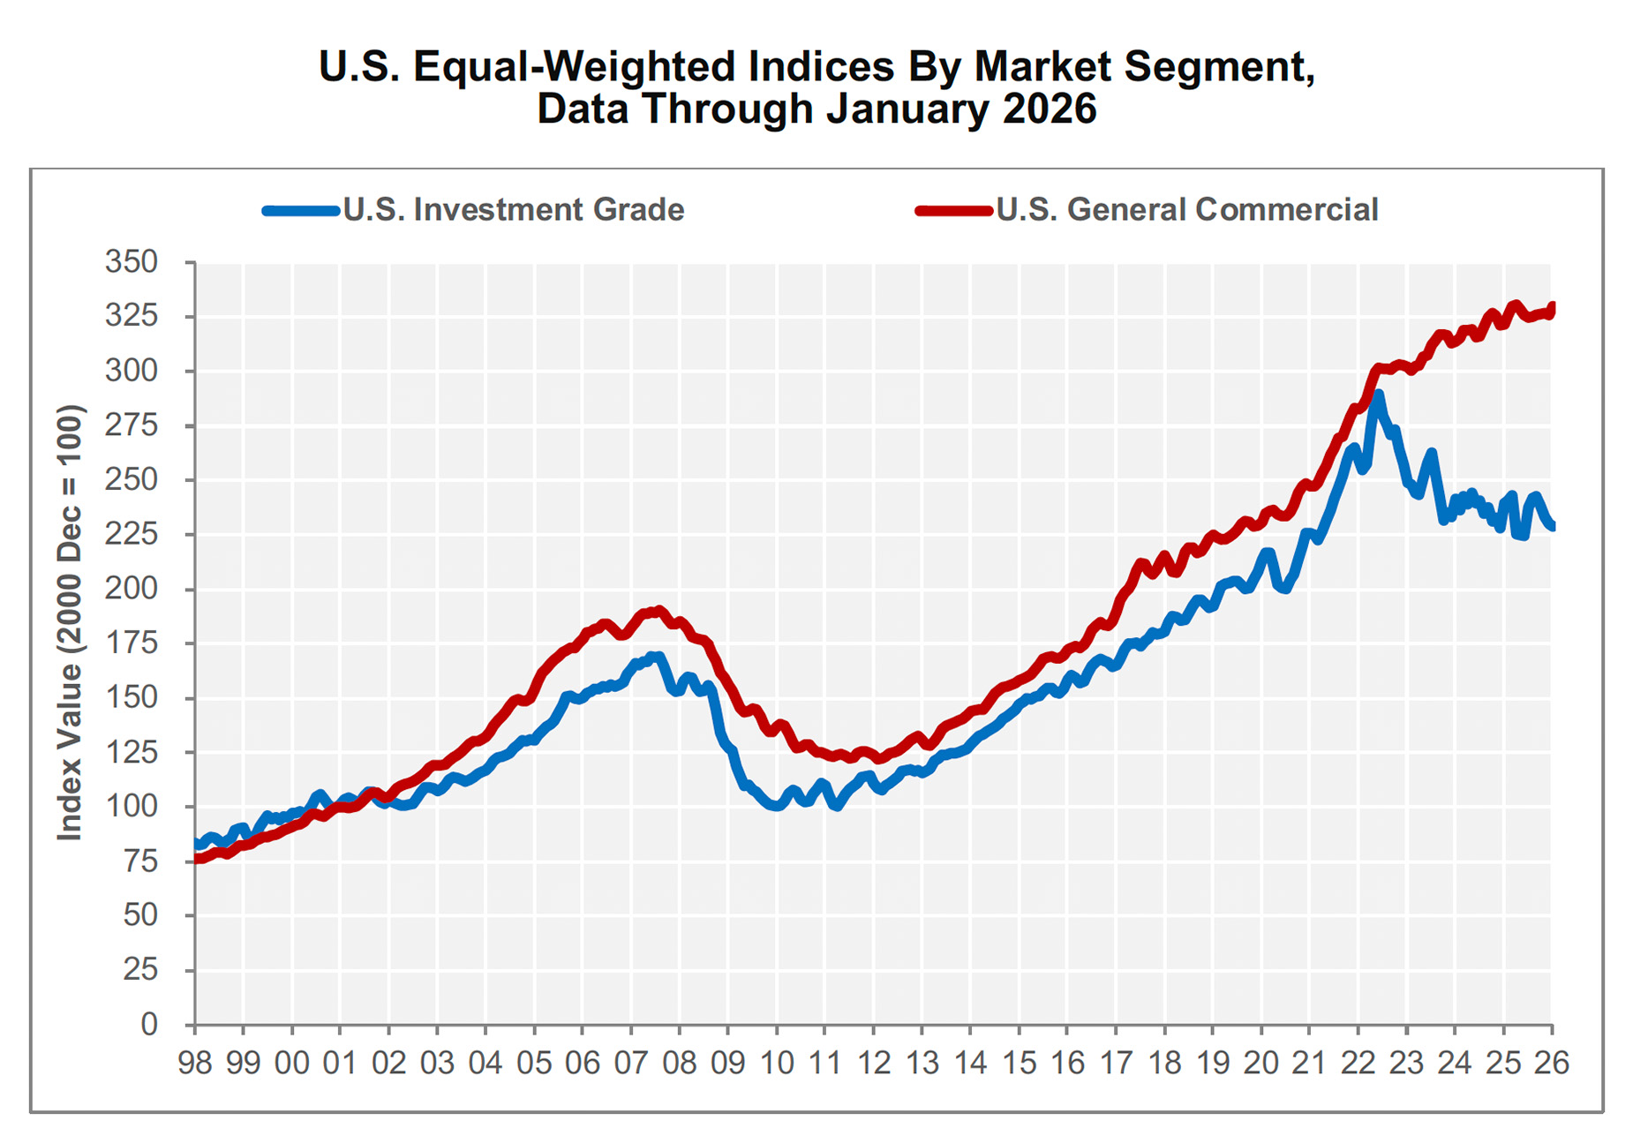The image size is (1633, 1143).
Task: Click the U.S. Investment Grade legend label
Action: click(x=513, y=210)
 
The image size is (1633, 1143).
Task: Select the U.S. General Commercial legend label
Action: click(x=1186, y=210)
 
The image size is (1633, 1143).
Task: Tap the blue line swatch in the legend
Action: click(x=301, y=211)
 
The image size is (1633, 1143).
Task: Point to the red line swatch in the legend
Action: click(x=954, y=211)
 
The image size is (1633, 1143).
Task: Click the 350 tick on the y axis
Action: click(x=132, y=262)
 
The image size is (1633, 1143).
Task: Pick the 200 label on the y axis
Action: click(x=132, y=589)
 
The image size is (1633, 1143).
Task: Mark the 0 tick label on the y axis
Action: click(x=149, y=1025)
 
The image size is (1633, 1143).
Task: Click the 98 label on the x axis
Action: click(x=195, y=1064)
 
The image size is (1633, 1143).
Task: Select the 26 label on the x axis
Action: click(x=1551, y=1064)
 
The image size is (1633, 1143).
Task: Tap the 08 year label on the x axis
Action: click(x=680, y=1064)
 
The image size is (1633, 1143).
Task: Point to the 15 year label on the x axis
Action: click(x=1019, y=1064)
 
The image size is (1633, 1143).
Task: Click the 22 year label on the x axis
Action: click(x=1358, y=1064)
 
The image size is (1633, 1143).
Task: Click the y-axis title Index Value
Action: click(x=70, y=622)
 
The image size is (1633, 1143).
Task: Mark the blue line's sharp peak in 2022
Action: click(x=1377, y=395)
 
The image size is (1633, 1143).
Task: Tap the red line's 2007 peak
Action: click(x=658, y=611)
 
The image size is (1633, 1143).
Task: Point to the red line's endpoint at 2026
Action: click(x=1552, y=307)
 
